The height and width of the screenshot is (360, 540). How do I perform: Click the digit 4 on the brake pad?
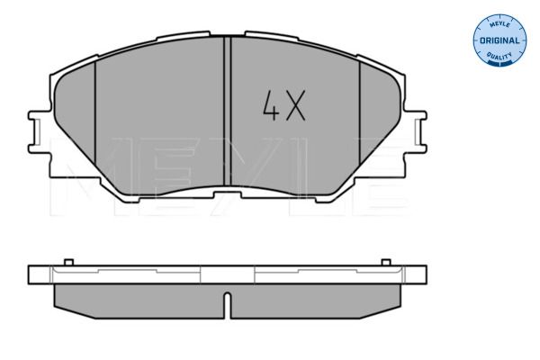pos(269,109)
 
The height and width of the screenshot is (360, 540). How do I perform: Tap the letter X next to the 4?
pos(296,109)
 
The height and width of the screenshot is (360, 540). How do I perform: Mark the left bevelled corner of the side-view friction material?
pos(60,301)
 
